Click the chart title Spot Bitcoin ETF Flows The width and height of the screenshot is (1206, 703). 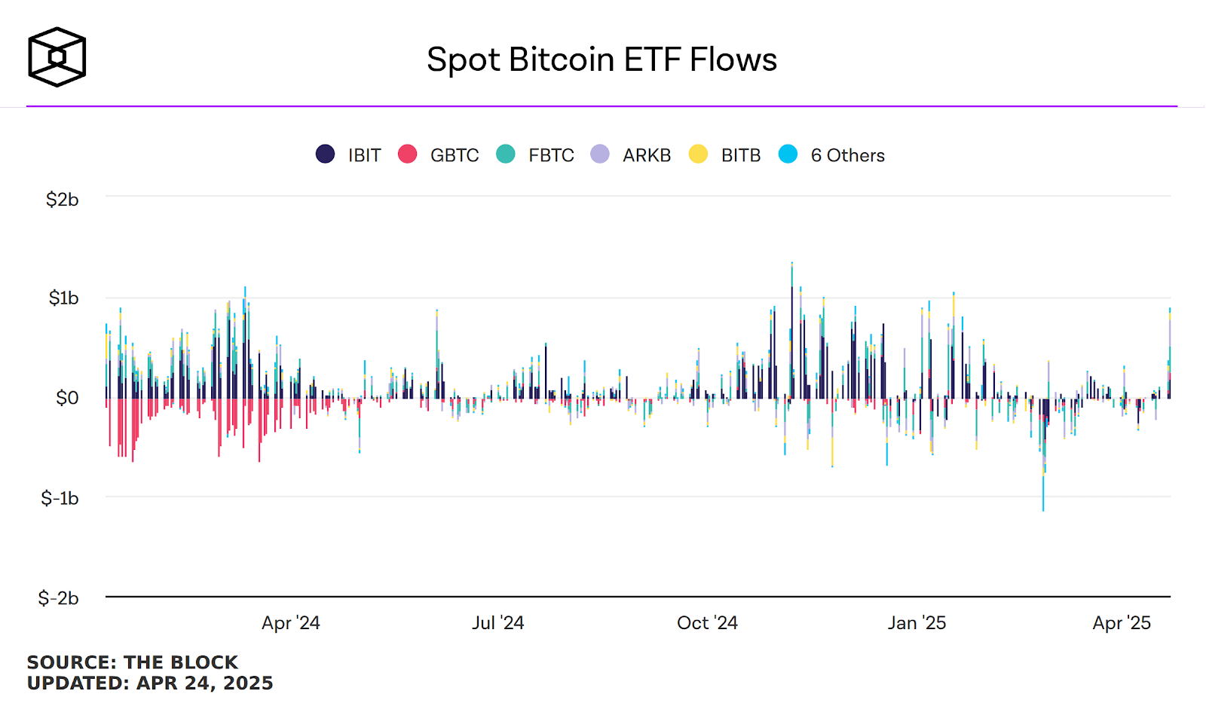[601, 60]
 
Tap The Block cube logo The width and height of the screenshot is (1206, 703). [57, 57]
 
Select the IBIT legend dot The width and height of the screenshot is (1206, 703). [325, 154]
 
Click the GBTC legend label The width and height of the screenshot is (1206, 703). [455, 155]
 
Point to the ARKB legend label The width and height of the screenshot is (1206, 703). [647, 155]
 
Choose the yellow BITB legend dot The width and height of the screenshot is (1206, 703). [698, 154]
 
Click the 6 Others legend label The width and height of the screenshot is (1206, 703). [847, 155]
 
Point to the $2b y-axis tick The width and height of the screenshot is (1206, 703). [62, 200]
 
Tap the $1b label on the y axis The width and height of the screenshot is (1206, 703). [63, 298]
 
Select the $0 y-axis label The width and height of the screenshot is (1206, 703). [67, 398]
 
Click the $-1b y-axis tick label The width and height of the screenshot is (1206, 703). [60, 498]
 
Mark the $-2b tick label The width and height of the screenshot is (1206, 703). [58, 598]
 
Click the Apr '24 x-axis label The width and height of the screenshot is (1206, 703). [291, 623]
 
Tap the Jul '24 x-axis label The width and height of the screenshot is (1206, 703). [497, 623]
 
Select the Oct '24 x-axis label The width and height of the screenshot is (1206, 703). [707, 623]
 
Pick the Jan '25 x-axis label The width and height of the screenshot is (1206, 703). [917, 623]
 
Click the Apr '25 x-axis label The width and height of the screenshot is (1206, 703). [1122, 623]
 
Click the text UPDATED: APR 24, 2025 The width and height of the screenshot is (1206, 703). [150, 683]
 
